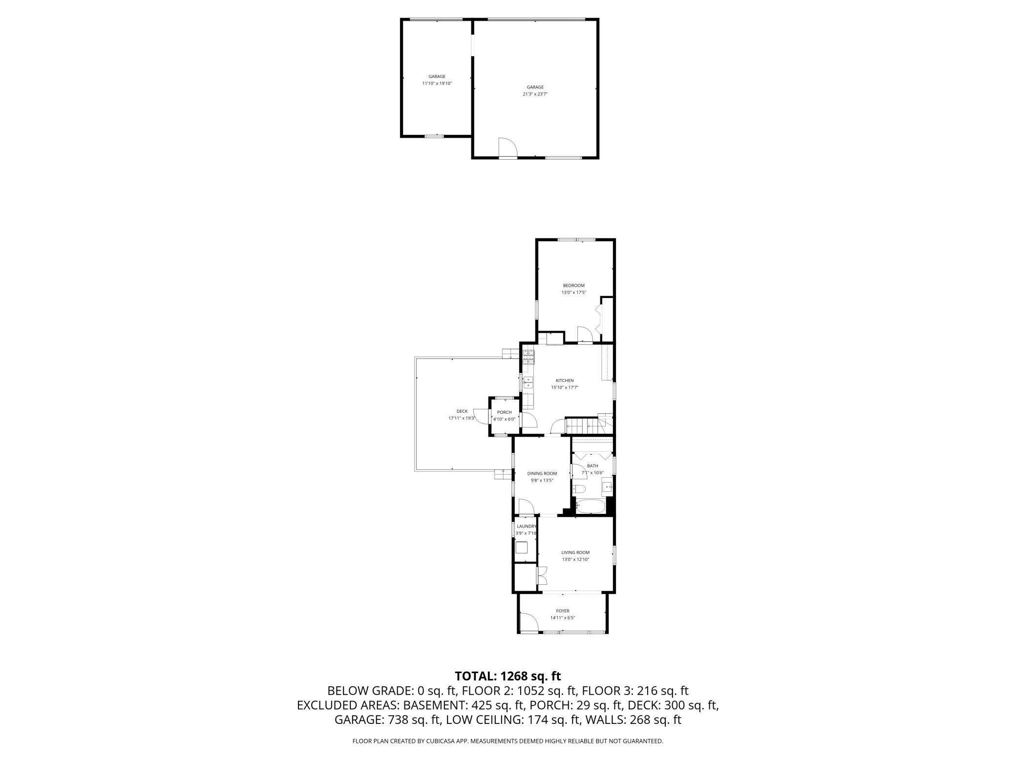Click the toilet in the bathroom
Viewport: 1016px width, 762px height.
tap(580, 489)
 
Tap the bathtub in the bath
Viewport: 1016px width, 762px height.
tap(591, 506)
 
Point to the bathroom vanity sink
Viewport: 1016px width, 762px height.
tap(607, 487)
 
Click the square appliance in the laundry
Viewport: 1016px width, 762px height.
tap(522, 547)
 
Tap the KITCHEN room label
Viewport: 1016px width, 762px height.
tap(564, 381)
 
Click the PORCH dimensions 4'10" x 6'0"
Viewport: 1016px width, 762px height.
tap(504, 419)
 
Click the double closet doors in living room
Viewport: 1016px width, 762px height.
tap(542, 575)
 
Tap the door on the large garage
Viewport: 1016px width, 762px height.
tap(507, 148)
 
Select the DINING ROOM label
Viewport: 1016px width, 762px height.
tap(542, 473)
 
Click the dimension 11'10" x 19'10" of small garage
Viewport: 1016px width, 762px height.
tap(437, 84)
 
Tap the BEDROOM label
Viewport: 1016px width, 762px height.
tap(573, 285)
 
